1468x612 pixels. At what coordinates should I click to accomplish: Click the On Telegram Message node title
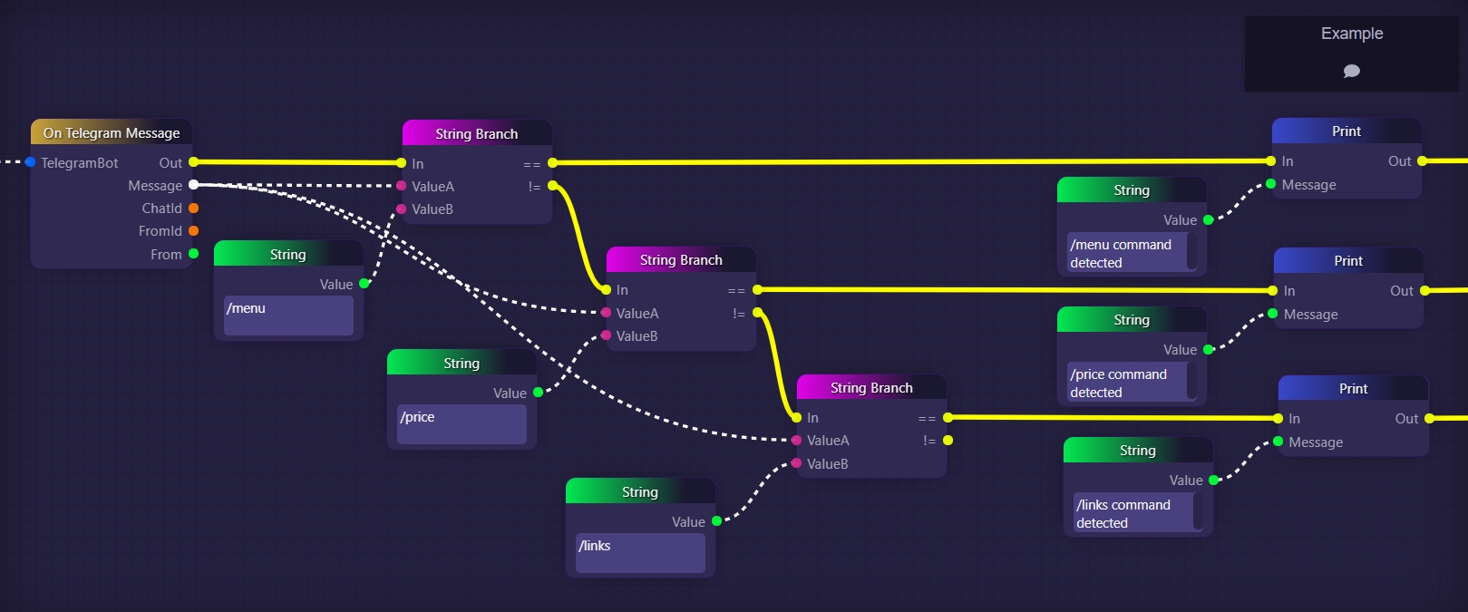pos(112,133)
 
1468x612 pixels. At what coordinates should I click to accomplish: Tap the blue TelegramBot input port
pos(31,162)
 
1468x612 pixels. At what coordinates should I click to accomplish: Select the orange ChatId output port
pos(193,209)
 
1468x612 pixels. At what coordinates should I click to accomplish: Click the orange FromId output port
pos(193,231)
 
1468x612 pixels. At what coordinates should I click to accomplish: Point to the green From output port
pos(193,254)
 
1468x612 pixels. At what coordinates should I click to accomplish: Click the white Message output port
pos(193,185)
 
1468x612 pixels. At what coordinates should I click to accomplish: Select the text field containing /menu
pos(288,316)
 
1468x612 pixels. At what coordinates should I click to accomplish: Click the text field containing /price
pos(462,424)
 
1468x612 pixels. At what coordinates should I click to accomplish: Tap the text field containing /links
pos(640,553)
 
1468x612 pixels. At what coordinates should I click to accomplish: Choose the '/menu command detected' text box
pos(1127,253)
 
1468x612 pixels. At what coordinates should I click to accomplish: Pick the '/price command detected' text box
pos(1127,383)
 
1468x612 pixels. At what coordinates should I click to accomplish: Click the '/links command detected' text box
pos(1133,513)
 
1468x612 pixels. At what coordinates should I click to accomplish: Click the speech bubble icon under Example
pos(1351,71)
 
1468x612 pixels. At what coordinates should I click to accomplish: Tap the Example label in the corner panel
pos(1351,34)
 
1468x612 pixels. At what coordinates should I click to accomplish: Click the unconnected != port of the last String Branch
pos(948,441)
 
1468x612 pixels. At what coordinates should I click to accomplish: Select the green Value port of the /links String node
pos(716,521)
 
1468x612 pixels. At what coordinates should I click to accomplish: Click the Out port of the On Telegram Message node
pos(193,162)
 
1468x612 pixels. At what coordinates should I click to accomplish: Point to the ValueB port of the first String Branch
pos(402,209)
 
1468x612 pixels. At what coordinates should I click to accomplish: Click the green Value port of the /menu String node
pos(365,284)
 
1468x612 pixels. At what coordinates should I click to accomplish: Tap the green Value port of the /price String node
pos(538,393)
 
